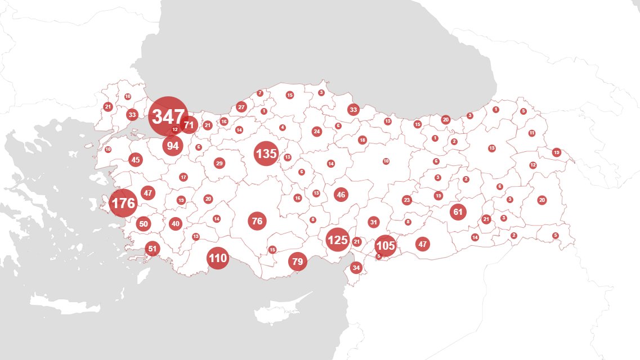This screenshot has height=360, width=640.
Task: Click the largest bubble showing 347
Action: tap(168, 117)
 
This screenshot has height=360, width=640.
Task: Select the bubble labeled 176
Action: tap(123, 203)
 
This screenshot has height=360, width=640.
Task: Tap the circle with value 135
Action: tap(266, 154)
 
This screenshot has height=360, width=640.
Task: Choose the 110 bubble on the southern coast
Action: tap(217, 259)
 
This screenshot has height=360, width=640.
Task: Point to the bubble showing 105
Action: tap(386, 246)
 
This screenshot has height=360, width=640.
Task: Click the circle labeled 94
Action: tap(173, 146)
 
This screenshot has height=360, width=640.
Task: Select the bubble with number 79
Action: tap(298, 262)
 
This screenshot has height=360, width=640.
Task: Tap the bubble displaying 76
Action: tap(257, 221)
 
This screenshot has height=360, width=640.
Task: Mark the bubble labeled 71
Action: tap(189, 125)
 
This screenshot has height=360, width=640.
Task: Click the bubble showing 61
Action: tap(458, 212)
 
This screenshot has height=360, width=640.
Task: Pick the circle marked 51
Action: tap(152, 248)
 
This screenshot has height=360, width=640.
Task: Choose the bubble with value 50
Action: tap(144, 224)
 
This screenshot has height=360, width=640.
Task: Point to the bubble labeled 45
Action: tap(136, 160)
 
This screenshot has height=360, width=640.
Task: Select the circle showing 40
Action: tap(176, 223)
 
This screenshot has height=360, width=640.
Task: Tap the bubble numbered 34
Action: tap(356, 268)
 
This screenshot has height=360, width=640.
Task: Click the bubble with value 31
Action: tap(374, 222)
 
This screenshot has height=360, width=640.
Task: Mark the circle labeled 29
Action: tap(220, 163)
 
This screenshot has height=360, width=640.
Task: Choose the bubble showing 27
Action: tap(241, 107)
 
